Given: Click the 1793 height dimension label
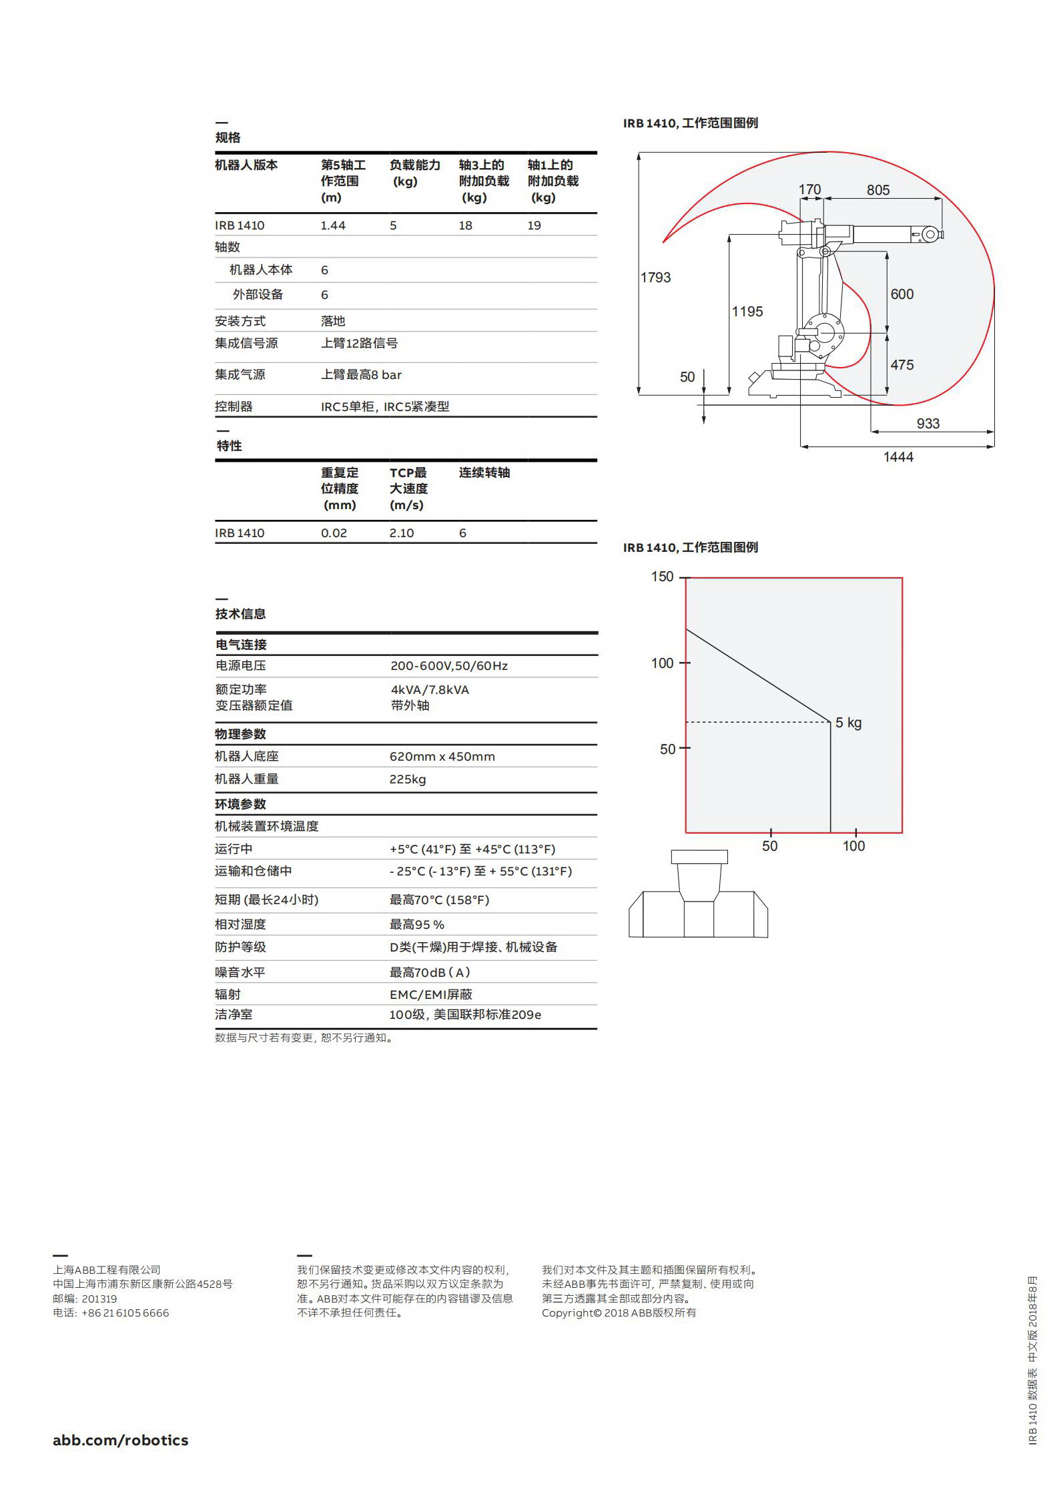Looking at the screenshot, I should (655, 278).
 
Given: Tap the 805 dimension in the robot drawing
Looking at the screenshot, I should (877, 190).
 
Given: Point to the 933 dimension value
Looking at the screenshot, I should (928, 424).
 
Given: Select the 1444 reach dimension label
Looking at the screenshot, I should (898, 457).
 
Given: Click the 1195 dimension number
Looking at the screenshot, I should (747, 312).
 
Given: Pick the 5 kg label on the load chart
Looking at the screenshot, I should (848, 723).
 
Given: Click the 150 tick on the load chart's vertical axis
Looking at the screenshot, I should (662, 577).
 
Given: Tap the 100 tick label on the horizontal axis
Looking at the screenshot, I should (853, 846).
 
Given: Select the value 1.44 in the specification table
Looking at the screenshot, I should (333, 226).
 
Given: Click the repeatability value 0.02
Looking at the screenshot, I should (334, 533).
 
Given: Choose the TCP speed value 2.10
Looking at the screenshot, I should (402, 533).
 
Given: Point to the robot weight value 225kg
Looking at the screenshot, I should (408, 779).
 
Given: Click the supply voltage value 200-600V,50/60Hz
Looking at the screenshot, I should (449, 666).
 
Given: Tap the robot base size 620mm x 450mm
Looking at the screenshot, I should (442, 757).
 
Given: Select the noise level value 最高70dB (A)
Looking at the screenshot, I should (430, 972).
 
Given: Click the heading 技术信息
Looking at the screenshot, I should (240, 614).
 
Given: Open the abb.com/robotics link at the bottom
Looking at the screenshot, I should (121, 1440).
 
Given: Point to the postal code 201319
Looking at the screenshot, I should (99, 1298).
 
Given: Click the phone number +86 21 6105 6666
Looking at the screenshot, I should (125, 1313).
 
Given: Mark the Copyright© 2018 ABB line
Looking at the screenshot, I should (619, 1313).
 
